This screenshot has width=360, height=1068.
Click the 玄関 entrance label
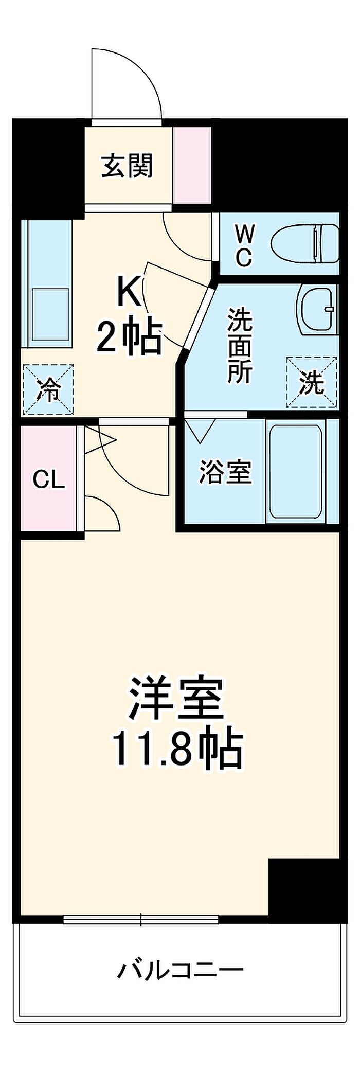tap(127, 166)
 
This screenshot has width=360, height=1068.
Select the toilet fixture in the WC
tap(304, 243)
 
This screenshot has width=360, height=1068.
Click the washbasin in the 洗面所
tap(317, 309)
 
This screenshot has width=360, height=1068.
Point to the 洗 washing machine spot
tap(312, 383)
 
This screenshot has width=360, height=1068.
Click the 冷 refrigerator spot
tap(48, 389)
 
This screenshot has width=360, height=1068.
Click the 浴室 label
tap(226, 472)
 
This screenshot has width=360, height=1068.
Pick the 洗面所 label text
tap(240, 345)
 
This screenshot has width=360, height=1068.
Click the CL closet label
tap(49, 480)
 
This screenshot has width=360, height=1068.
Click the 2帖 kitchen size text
tap(130, 338)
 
